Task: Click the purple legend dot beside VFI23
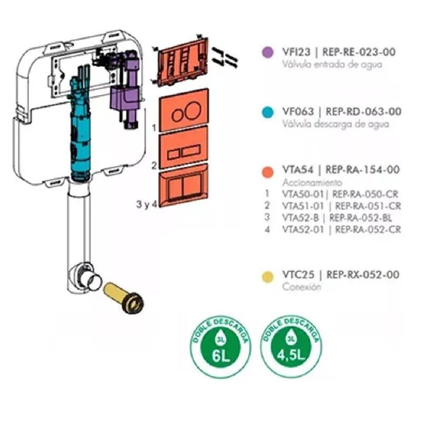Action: (x=268, y=52)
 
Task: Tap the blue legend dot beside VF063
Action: (x=268, y=112)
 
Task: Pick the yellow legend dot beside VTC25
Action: (x=268, y=275)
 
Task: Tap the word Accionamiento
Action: (x=309, y=183)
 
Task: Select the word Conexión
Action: (x=301, y=287)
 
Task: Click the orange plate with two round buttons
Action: (x=183, y=113)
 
